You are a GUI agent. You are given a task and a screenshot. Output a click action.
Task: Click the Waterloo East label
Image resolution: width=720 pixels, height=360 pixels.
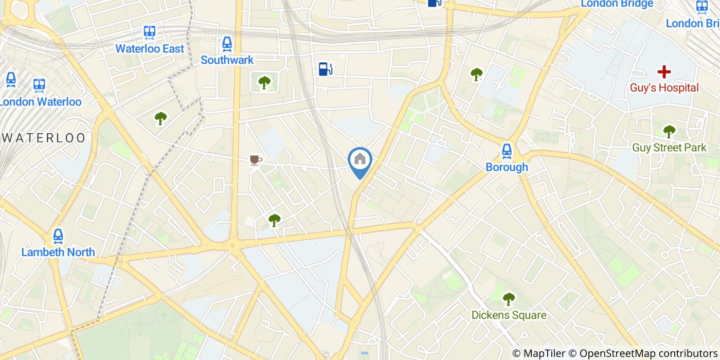[149, 49]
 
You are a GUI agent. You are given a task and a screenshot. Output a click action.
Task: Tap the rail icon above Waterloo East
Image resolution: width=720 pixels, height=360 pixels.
[150, 32]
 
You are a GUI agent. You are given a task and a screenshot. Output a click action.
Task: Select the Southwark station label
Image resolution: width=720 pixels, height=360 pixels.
[227, 60]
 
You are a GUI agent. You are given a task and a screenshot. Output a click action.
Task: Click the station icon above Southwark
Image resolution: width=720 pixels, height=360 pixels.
[227, 44]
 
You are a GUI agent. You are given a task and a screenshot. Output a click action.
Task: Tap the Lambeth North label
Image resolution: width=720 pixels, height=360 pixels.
[58, 252]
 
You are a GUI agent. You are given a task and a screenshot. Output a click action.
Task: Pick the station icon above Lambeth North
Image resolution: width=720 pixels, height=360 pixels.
[58, 237]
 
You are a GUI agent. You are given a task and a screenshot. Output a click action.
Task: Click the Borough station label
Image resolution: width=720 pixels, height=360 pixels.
[507, 167]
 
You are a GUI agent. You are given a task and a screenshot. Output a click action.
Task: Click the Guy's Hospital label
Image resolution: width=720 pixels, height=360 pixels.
[664, 88]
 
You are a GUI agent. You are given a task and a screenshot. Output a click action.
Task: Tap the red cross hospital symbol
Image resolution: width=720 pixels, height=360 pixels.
[664, 71]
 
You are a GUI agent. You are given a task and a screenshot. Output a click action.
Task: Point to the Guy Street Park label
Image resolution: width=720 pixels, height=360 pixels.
[669, 148]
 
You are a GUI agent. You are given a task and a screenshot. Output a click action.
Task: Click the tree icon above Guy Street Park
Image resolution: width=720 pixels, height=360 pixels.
[669, 132]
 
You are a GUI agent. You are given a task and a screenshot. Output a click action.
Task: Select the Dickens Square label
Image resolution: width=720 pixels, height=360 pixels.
[509, 315]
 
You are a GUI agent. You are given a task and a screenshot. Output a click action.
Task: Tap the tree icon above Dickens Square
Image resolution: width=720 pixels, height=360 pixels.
[509, 298]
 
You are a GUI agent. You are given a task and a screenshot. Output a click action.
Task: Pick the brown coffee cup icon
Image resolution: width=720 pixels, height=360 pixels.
[255, 160]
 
